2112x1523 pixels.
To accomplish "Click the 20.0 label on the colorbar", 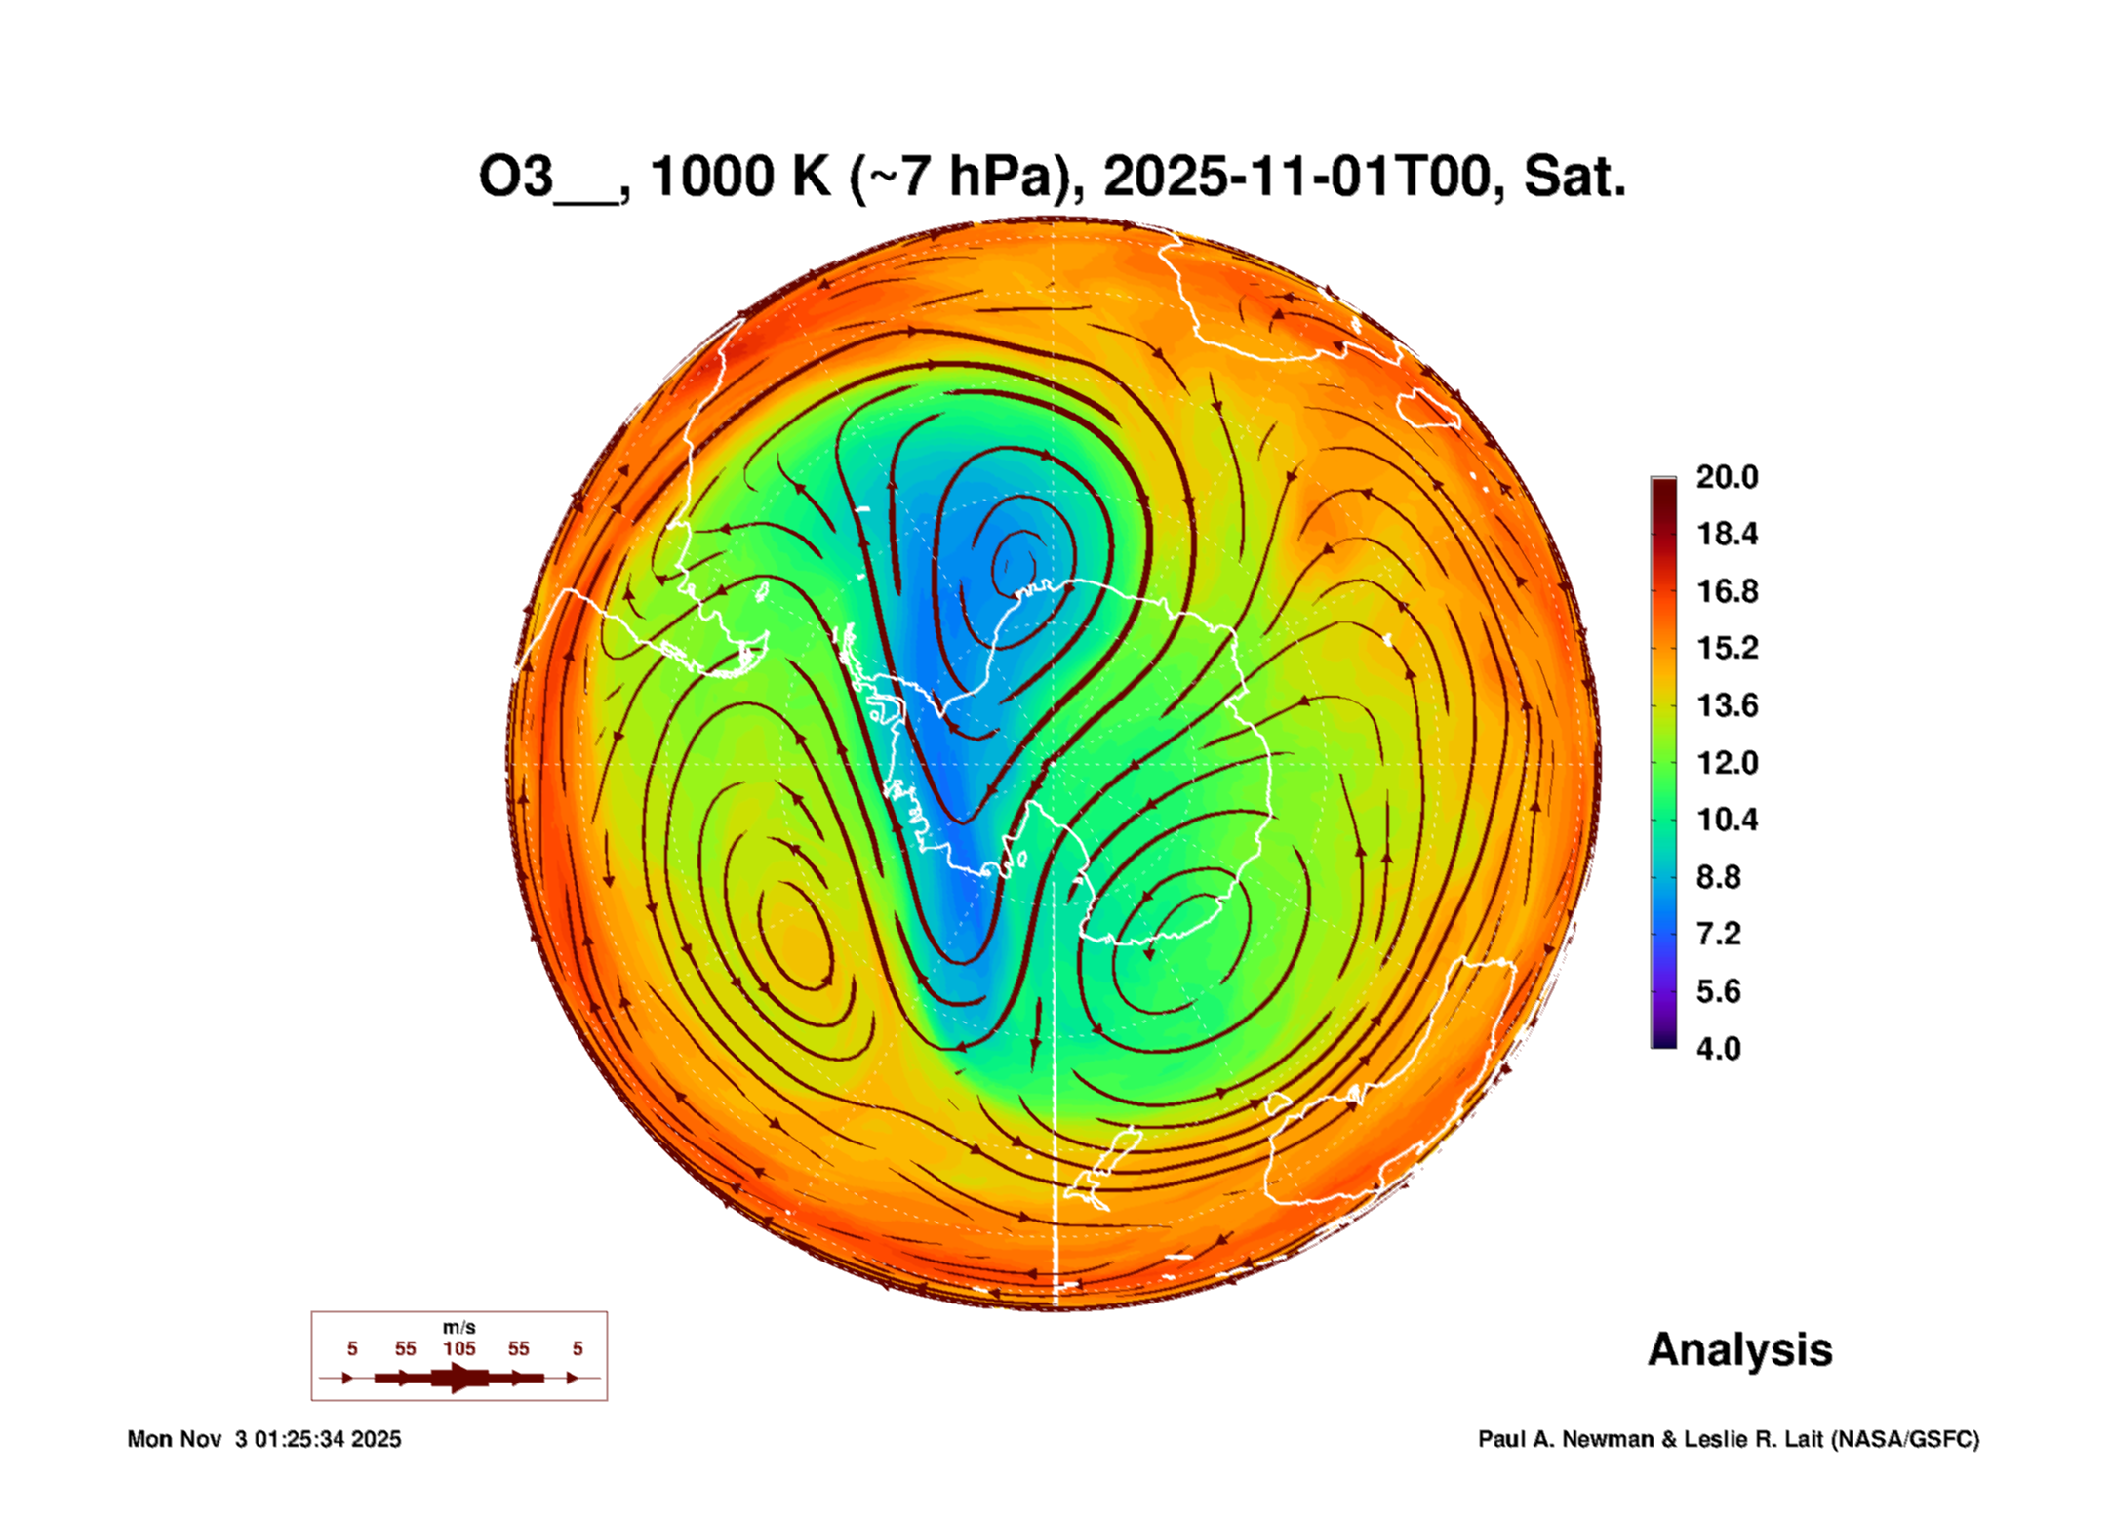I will pyautogui.click(x=1726, y=477).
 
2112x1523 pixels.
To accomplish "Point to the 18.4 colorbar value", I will pyautogui.click(x=1726, y=534).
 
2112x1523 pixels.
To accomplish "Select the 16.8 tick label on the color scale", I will pyautogui.click(x=1726, y=591).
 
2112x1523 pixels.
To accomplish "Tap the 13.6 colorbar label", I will pyautogui.click(x=1726, y=705).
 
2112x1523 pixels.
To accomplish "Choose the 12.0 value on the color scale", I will pyautogui.click(x=1726, y=762).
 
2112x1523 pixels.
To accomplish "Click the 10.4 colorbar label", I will pyautogui.click(x=1726, y=820).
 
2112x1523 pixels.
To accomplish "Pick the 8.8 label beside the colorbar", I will pyautogui.click(x=1718, y=877).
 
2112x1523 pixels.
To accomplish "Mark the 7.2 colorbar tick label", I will pyautogui.click(x=1718, y=934).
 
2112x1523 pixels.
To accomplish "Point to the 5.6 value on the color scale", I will pyautogui.click(x=1718, y=991).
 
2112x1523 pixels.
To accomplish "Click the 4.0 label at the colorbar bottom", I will pyautogui.click(x=1718, y=1049).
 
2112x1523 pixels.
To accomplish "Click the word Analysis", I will pyautogui.click(x=1739, y=1350).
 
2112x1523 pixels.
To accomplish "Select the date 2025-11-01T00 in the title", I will pyautogui.click(x=1297, y=177).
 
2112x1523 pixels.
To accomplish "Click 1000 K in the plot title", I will pyautogui.click(x=739, y=177).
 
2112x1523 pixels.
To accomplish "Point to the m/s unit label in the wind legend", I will pyautogui.click(x=459, y=1328).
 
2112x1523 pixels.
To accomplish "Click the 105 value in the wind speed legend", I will pyautogui.click(x=459, y=1349).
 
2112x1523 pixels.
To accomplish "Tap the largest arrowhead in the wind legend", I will pyautogui.click(x=459, y=1378).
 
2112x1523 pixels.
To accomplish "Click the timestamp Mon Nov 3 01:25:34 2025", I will pyautogui.click(x=264, y=1439).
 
